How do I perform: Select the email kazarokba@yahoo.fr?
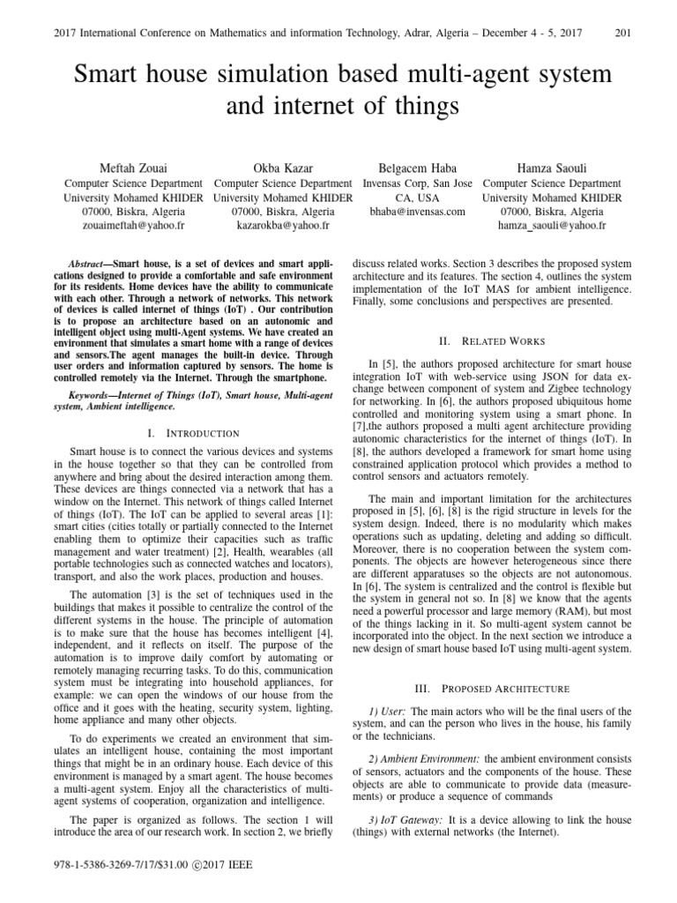[x=283, y=226]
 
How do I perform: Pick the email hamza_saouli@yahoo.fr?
[x=552, y=226]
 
